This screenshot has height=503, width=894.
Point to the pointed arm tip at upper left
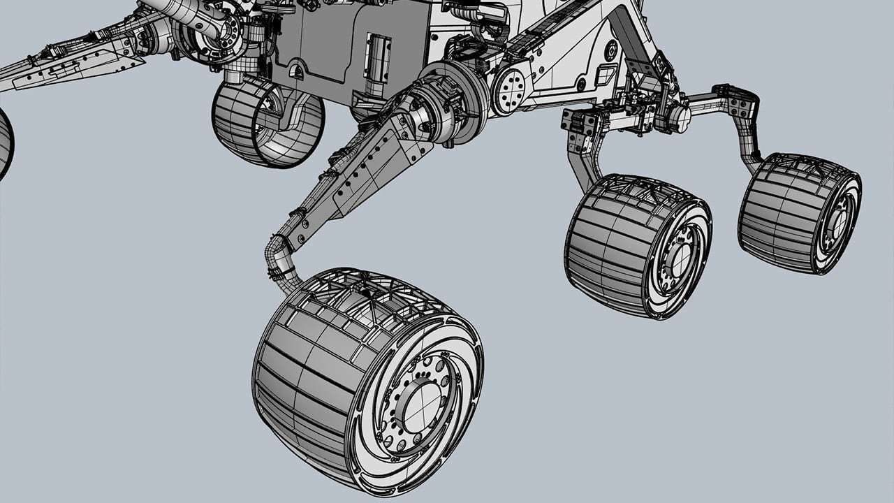click(21, 70)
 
